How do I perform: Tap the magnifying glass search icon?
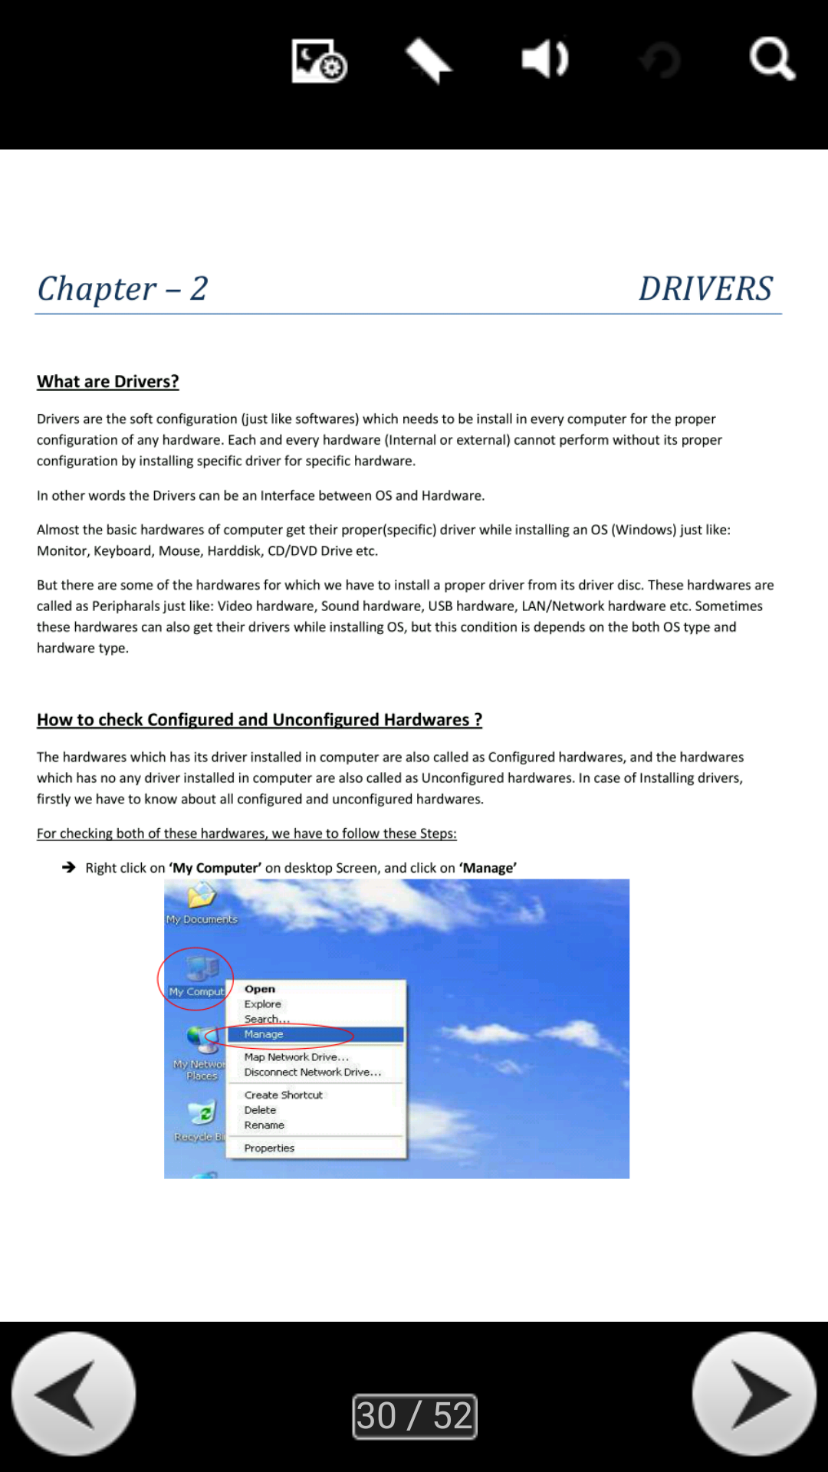point(771,59)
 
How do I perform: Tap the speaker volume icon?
point(544,59)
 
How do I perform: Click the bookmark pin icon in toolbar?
point(429,61)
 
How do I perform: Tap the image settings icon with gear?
point(319,61)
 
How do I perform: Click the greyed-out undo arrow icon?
point(660,61)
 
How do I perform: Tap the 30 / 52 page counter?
point(414,1415)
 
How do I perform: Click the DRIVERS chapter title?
point(705,289)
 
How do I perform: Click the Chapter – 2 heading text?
point(123,289)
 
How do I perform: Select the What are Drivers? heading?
point(108,381)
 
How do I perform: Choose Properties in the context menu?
point(269,1148)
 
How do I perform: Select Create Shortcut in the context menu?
point(283,1095)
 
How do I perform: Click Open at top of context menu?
point(259,989)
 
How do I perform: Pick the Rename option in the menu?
point(264,1125)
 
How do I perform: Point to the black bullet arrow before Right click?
point(69,867)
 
